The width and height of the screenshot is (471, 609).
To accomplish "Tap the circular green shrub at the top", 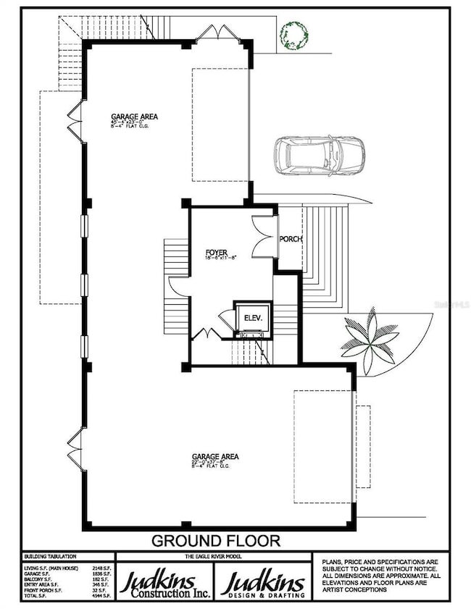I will point(295,34).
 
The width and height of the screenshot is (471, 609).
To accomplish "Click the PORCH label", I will point(291,239).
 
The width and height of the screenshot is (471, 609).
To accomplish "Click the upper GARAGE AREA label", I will point(135,116).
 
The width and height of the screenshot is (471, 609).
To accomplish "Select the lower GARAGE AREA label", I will point(215,456).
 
